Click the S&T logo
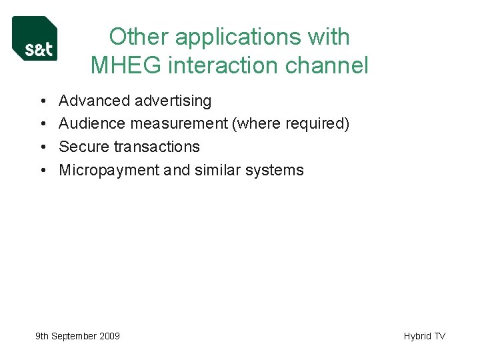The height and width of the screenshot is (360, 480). [x=35, y=39]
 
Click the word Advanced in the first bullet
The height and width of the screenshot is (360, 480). [x=94, y=101]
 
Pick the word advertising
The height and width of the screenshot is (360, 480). [x=173, y=101]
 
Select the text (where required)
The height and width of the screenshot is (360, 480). [x=290, y=124]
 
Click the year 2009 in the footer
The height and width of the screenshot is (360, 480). [x=109, y=337]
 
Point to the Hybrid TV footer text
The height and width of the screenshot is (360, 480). [x=424, y=337]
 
